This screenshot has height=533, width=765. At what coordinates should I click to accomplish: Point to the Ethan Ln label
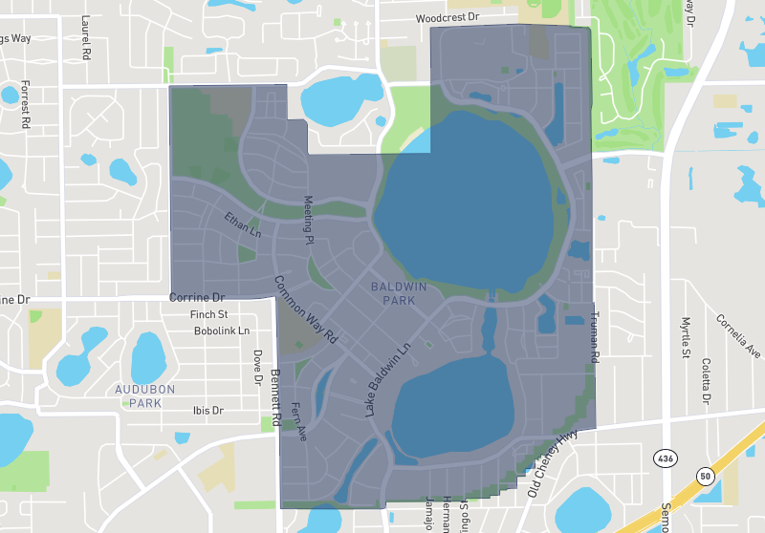coord(243,224)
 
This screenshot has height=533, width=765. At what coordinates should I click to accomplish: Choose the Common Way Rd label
coord(307,309)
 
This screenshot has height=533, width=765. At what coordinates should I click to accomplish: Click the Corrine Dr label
coord(196,298)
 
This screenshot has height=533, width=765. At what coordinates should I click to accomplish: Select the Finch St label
coord(208,314)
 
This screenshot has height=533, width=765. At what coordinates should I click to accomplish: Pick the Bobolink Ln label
coord(221,331)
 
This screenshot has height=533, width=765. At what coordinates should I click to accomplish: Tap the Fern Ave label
coord(300,419)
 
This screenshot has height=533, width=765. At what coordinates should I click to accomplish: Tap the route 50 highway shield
coord(706,475)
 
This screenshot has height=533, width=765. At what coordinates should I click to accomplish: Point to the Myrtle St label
coord(686,337)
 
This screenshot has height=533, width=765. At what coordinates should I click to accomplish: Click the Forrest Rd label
coord(26,102)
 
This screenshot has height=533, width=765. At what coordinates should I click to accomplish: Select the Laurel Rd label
coord(86,37)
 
